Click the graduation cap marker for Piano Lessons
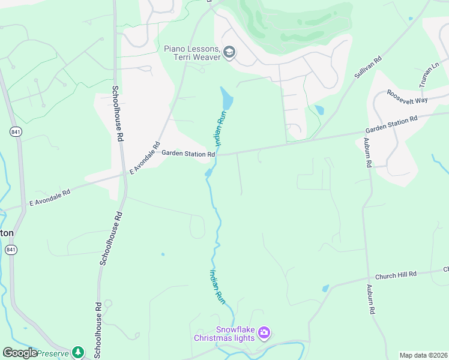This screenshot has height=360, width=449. click(229, 53)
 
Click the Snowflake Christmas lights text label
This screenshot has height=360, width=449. click(224, 334)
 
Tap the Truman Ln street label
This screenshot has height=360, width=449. click(430, 75)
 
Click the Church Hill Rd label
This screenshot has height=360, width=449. click(396, 275)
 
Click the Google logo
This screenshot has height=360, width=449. click(20, 353)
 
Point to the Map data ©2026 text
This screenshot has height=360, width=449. click(423, 355)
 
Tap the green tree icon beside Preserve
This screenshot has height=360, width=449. click(77, 352)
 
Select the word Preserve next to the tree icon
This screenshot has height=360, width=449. click(53, 353)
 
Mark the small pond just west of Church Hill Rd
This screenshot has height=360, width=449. click(325, 288)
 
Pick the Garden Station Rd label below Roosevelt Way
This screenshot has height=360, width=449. click(391, 125)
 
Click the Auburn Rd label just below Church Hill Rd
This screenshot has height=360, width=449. click(372, 299)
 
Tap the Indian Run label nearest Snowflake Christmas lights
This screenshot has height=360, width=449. click(217, 287)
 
